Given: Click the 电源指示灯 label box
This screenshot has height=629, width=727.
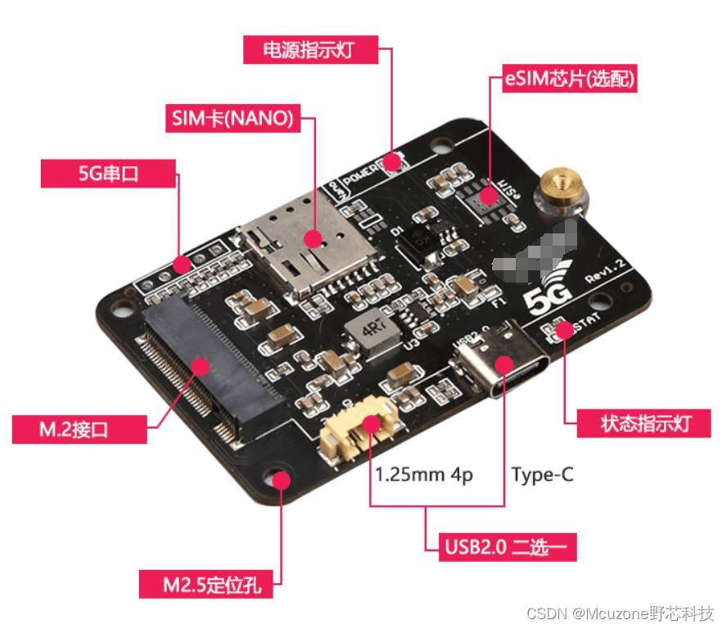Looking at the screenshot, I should [312, 50].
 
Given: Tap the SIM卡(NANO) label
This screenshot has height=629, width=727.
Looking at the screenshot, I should [232, 118].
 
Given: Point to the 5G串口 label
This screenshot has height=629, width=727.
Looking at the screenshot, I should [109, 174].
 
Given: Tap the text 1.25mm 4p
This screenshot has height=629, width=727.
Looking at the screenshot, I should [424, 474].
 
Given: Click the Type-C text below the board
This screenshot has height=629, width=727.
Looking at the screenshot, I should [542, 474].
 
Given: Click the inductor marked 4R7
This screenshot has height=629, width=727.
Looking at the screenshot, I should [367, 332].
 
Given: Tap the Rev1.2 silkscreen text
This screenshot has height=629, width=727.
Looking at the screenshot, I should [606, 272].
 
